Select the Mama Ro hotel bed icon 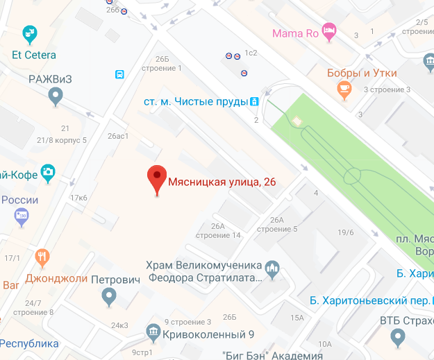(x=330, y=32)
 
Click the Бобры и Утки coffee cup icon (x=343, y=88)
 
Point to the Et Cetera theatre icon (x=29, y=33)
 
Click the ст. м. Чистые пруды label (x=196, y=102)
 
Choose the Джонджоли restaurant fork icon (x=43, y=258)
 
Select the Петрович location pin (x=108, y=297)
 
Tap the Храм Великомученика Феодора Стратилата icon (x=272, y=267)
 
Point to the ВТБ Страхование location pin (x=397, y=337)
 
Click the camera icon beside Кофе (x=48, y=171)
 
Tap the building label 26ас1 (x=118, y=136)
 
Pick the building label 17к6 (x=78, y=198)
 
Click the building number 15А (x=297, y=318)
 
